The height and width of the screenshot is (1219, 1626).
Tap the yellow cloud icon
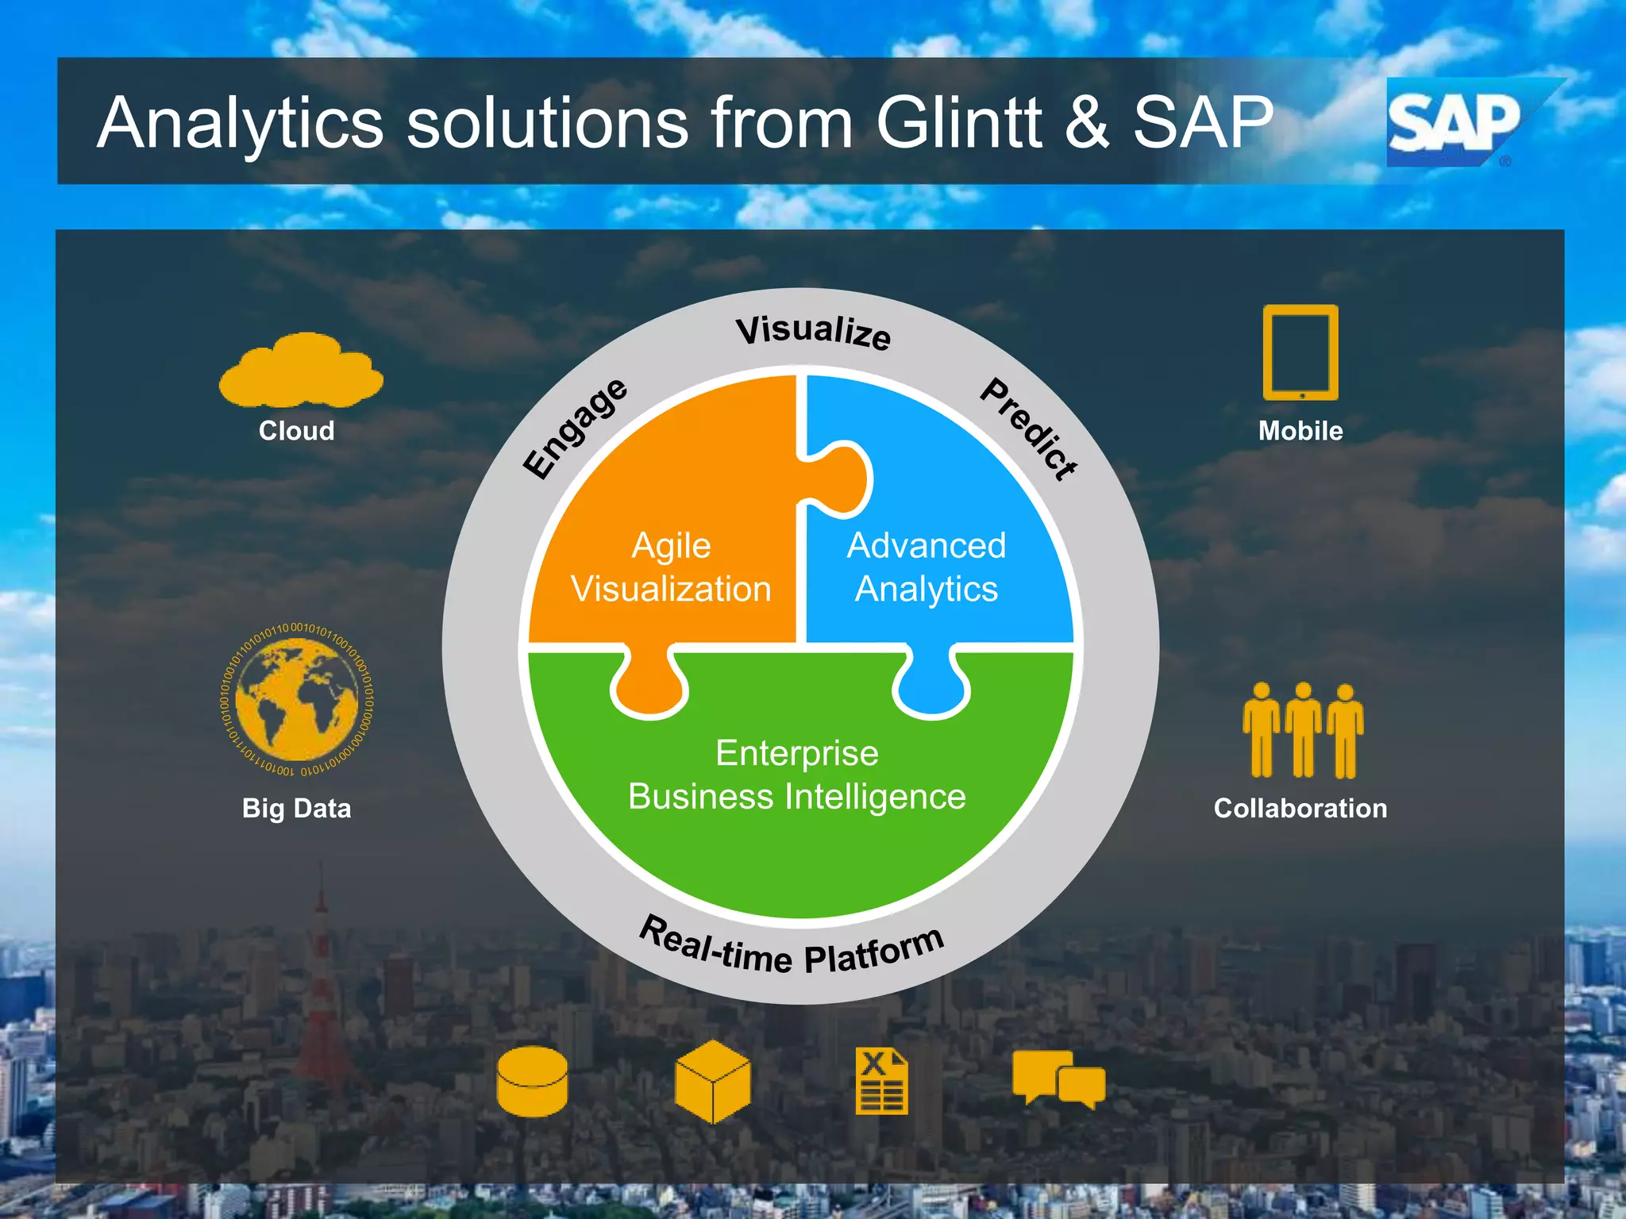click(x=301, y=371)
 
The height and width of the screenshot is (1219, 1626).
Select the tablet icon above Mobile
click(x=1300, y=352)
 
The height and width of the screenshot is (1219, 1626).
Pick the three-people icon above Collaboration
click(x=1303, y=730)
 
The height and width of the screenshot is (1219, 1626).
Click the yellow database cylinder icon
click(x=532, y=1081)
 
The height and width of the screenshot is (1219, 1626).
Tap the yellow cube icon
click(x=712, y=1082)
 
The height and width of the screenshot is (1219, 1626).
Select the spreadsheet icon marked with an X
click(x=881, y=1081)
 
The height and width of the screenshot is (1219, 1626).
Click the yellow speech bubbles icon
click(x=1058, y=1079)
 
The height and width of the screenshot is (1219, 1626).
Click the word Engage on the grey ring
click(x=576, y=429)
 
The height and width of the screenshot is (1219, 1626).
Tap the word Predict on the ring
click(x=1029, y=429)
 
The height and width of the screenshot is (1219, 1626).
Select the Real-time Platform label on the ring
click(x=792, y=948)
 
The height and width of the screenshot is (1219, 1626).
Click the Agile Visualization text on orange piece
click(x=671, y=567)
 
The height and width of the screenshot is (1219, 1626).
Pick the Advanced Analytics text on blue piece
click(x=927, y=567)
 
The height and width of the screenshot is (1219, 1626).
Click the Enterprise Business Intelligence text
click(x=797, y=775)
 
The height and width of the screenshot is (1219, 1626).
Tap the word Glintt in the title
click(x=958, y=122)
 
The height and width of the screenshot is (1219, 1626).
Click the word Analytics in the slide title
click(x=241, y=124)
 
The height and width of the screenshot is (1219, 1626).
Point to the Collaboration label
click(x=1300, y=808)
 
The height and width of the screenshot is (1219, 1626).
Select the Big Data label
click(x=296, y=808)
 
